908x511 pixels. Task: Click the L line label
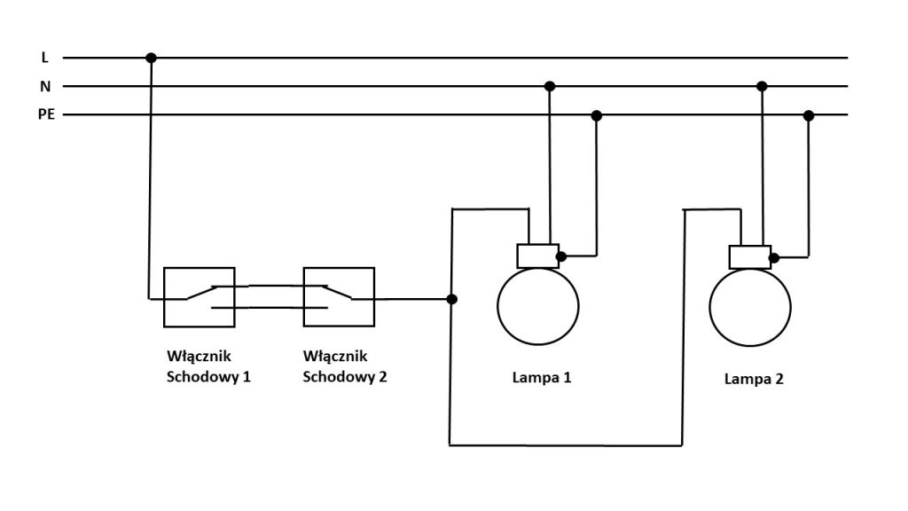click(x=44, y=58)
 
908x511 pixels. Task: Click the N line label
click(x=45, y=87)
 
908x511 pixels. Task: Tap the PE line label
click(x=47, y=115)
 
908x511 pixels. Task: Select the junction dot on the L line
click(x=151, y=58)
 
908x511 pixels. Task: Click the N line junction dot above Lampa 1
click(x=550, y=86)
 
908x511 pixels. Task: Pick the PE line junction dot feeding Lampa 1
click(x=597, y=115)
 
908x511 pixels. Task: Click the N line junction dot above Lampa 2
click(x=762, y=86)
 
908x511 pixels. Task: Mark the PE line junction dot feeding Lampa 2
click(x=808, y=115)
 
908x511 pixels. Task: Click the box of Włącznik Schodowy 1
click(x=199, y=297)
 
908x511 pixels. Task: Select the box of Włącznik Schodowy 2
click(x=339, y=297)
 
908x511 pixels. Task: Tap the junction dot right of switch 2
click(x=452, y=299)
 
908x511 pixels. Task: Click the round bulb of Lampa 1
click(x=537, y=306)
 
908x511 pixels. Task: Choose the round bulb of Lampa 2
click(x=749, y=307)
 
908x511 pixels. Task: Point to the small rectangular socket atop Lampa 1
click(x=537, y=255)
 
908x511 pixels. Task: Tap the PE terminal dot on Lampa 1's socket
click(x=560, y=257)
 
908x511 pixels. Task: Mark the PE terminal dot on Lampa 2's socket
click(x=773, y=258)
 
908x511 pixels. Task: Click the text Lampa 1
click(x=541, y=377)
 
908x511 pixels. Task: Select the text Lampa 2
click(x=754, y=380)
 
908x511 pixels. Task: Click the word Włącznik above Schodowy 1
click(x=199, y=357)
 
